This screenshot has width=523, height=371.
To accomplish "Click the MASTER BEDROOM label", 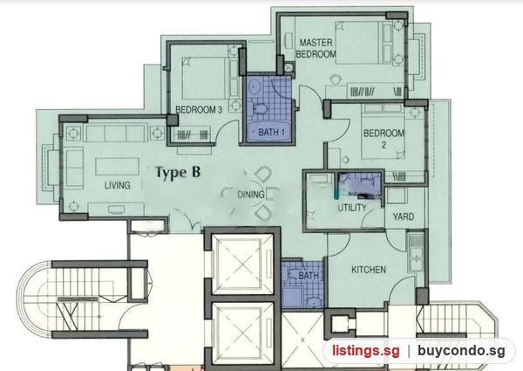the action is tap(316, 48).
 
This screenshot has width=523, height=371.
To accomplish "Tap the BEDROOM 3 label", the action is tap(199, 109).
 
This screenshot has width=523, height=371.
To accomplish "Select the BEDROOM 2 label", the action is tap(384, 139).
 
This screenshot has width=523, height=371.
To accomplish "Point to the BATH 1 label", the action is tap(271, 132).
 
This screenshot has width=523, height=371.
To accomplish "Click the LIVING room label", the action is tap(117, 185).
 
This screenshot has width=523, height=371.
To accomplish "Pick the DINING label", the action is tap(250, 195).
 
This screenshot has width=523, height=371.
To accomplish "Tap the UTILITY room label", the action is tap(352, 208).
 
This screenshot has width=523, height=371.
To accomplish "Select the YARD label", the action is tap(404, 216).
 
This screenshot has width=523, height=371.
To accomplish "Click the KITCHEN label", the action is tap(369, 270).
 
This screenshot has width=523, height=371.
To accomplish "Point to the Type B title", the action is tap(178, 172).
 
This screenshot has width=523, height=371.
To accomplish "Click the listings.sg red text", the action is tap(365, 351).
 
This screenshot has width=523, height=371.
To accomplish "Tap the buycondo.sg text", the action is tap(461, 351).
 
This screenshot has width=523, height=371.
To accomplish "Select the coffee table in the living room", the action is tap(117, 167).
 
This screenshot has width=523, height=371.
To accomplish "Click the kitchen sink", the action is tap(416, 252).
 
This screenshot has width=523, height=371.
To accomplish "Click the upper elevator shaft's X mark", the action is tap(242, 264).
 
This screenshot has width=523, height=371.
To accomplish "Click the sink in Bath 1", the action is tap(255, 87).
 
